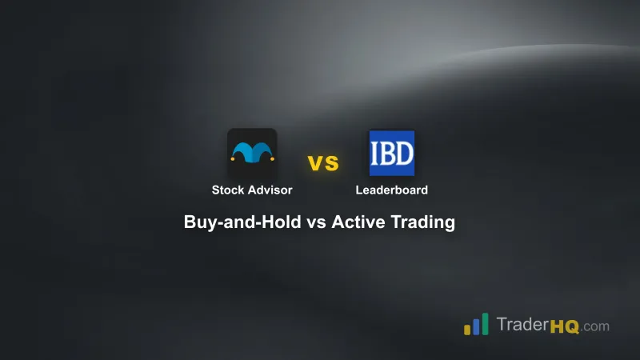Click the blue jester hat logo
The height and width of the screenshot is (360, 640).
(252, 152)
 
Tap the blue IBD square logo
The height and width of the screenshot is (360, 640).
(392, 153)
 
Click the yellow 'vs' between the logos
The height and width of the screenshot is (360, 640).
(323, 163)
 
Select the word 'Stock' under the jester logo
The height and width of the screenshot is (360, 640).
(228, 190)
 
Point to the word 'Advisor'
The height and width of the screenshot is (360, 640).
(270, 190)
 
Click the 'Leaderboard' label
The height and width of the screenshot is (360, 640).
(392, 190)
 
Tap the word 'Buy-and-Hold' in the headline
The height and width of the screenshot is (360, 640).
(242, 223)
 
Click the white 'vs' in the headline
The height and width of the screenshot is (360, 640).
(316, 223)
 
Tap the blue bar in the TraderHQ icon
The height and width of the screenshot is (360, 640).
(475, 325)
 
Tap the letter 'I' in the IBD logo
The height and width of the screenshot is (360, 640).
(376, 154)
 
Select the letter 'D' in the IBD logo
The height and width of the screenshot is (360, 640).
(406, 154)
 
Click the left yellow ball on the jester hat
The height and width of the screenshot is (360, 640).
(233, 158)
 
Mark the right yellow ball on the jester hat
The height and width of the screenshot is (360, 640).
(271, 158)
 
